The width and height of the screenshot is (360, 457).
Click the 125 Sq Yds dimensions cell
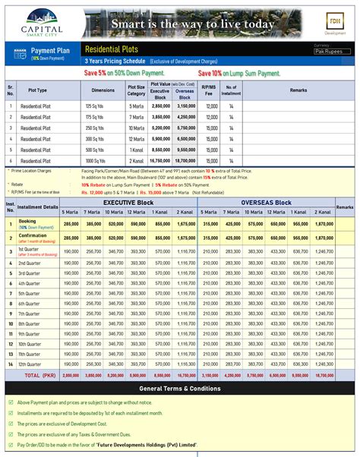(x=98, y=106)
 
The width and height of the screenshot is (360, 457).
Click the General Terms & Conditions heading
(x=180, y=389)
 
